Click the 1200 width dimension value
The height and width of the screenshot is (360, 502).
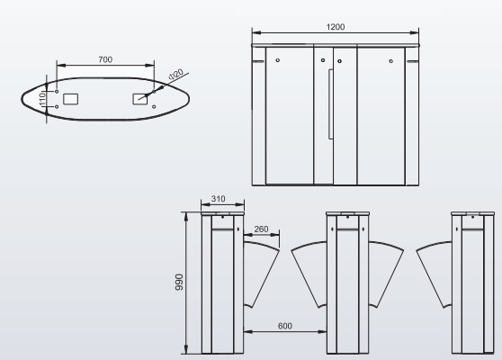click(336, 27)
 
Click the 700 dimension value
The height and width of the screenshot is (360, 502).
click(105, 59)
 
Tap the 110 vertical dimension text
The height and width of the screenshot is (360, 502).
click(42, 99)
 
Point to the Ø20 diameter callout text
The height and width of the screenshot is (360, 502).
click(175, 74)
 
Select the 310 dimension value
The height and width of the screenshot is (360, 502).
click(218, 199)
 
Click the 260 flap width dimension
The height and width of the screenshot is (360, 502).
click(261, 229)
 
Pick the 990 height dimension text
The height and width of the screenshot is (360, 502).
click(179, 283)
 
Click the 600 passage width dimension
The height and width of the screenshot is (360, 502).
click(285, 326)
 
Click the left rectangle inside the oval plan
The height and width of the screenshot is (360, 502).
click(71, 99)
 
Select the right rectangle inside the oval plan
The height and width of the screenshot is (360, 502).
click(140, 99)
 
